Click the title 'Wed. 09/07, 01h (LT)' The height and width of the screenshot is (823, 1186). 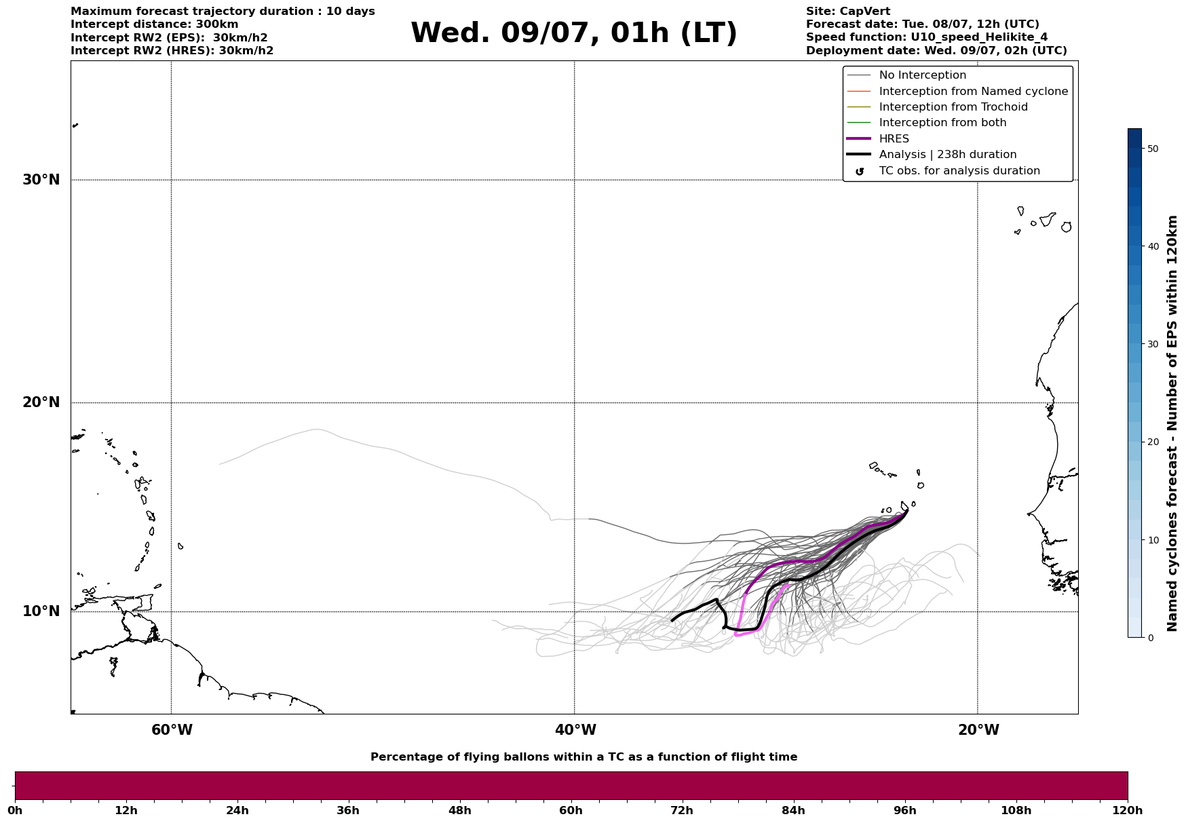573,33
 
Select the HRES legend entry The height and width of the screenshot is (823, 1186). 894,139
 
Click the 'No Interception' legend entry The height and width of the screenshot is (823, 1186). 922,75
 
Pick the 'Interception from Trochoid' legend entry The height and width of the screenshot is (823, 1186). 953,107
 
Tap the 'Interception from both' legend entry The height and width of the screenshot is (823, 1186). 942,123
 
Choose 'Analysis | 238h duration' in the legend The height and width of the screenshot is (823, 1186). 947,155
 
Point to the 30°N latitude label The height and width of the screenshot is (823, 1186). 41,180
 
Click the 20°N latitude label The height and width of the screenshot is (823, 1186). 41,402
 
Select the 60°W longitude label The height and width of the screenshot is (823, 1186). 172,730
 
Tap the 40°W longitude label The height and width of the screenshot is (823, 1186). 575,730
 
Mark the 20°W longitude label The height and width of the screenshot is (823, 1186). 978,730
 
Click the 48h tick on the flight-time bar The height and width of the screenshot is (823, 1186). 459,811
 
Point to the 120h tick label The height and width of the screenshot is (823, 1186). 1127,811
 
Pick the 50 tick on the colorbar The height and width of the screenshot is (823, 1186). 1152,149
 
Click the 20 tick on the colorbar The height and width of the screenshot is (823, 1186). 1152,442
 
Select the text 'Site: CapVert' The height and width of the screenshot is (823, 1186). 847,12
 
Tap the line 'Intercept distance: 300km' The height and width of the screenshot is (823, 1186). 154,24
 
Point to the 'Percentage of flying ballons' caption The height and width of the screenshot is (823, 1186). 584,757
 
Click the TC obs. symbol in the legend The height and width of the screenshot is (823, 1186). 860,172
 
